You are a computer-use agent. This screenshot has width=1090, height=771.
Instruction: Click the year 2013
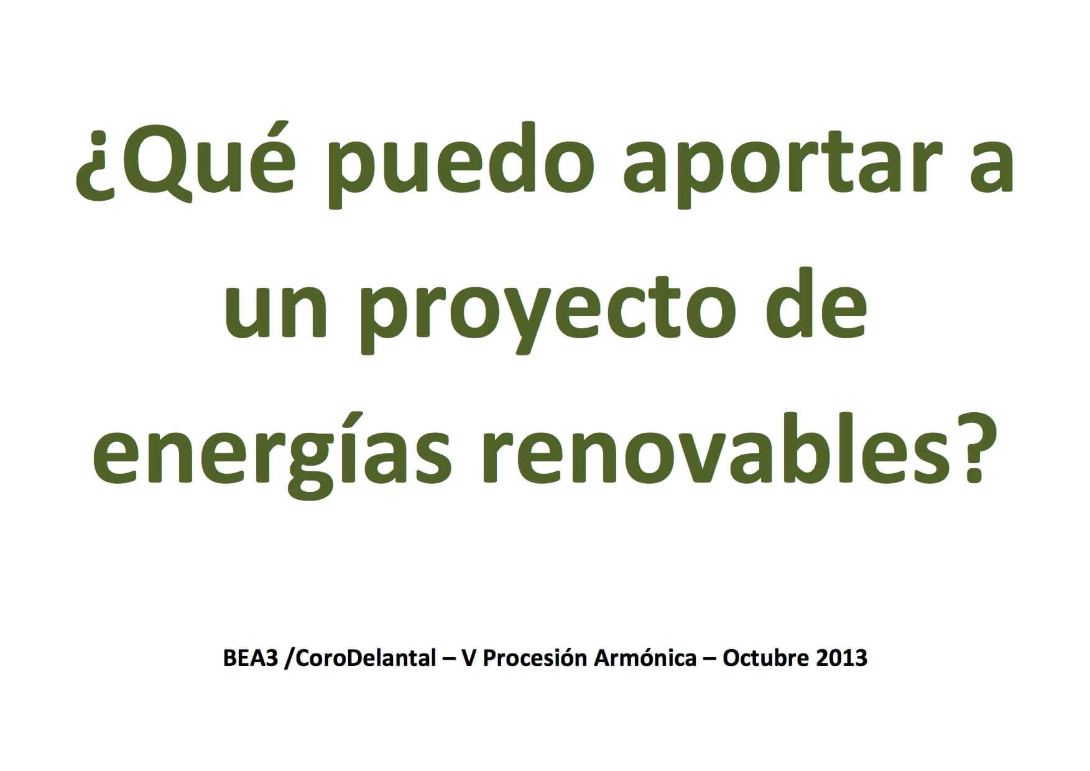coord(841,658)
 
